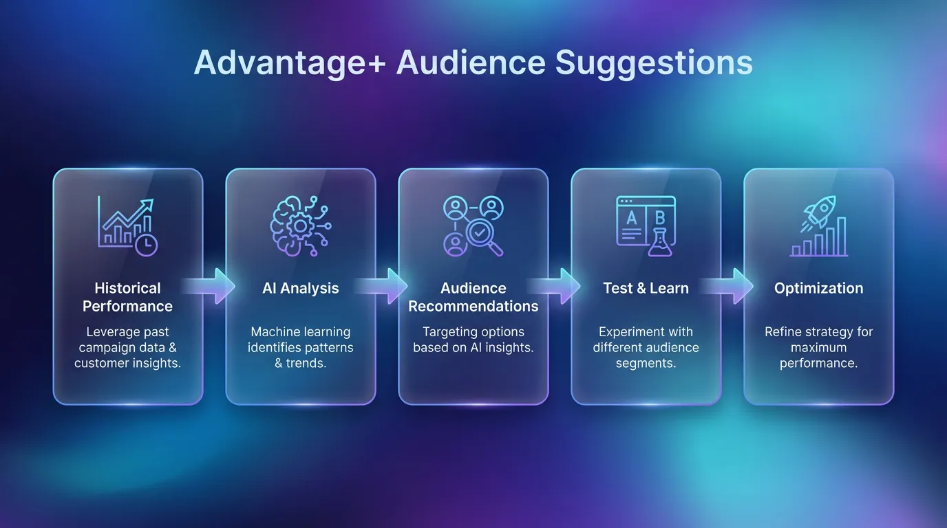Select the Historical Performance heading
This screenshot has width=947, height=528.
(x=127, y=297)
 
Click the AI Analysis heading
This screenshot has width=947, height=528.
(x=301, y=288)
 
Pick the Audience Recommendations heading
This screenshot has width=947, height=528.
(x=473, y=297)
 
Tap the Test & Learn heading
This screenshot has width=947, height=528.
(x=646, y=288)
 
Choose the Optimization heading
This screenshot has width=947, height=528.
(x=818, y=288)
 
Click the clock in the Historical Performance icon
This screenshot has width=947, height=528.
(x=147, y=245)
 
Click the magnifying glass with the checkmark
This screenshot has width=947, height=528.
(x=479, y=235)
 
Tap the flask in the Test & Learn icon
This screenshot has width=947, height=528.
(x=659, y=243)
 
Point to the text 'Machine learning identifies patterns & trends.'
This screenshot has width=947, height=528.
(x=301, y=347)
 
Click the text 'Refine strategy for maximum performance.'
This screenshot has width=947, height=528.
(x=818, y=347)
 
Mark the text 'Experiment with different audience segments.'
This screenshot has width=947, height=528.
(x=646, y=347)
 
